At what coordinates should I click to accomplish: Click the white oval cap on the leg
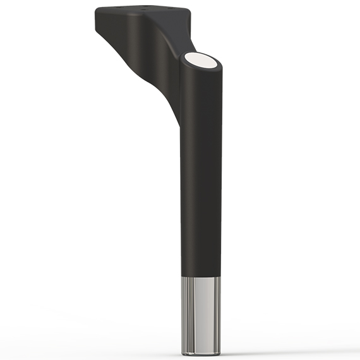coord(201,61)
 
